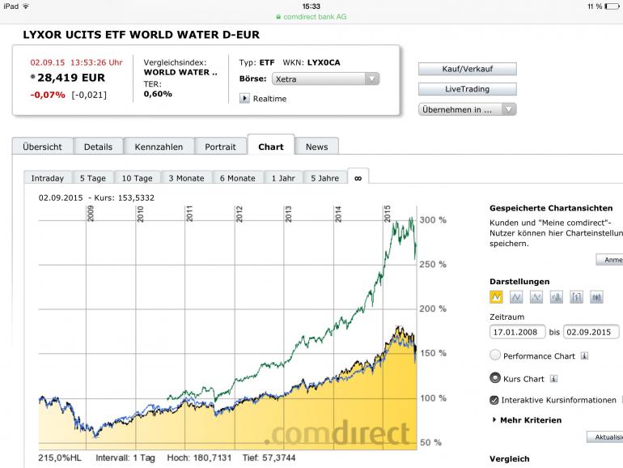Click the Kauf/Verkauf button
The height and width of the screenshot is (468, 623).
click(x=467, y=69)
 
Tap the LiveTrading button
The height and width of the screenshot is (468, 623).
click(x=467, y=89)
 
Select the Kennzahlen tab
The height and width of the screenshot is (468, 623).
click(x=159, y=147)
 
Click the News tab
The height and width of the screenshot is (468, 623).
click(x=316, y=147)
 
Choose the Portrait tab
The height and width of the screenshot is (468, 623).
click(x=220, y=147)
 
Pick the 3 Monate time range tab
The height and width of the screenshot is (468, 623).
click(x=186, y=178)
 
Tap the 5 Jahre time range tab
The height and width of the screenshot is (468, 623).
click(x=324, y=178)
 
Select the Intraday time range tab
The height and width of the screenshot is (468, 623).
click(x=48, y=178)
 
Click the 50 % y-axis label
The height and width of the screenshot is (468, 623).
click(x=431, y=442)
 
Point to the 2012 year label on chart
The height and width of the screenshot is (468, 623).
click(x=239, y=215)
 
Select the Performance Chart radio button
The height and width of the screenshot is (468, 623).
click(x=495, y=355)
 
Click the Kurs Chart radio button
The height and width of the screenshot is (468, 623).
click(x=495, y=378)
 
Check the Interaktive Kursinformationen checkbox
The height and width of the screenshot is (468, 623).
click(x=494, y=400)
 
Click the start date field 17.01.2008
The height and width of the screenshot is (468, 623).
click(x=518, y=332)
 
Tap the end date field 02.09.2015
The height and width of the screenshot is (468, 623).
click(x=591, y=332)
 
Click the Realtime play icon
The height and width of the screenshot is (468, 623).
click(x=244, y=99)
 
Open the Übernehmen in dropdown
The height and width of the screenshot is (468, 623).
click(x=467, y=109)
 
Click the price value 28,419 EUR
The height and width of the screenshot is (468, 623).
click(x=71, y=78)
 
